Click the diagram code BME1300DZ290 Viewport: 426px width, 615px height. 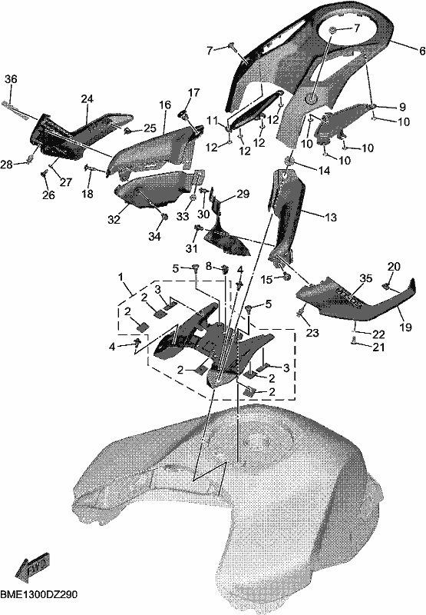tap(39, 595)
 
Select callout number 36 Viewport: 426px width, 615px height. tap(11, 79)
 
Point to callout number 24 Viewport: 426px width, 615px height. tap(87, 99)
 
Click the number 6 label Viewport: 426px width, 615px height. tap(421, 51)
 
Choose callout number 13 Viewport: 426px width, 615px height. tap(331, 217)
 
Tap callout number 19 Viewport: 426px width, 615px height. tap(405, 326)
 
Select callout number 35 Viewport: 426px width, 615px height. tap(366, 278)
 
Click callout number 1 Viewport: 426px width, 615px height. tap(121, 278)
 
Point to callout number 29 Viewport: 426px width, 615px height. tap(243, 194)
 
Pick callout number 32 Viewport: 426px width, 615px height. tap(114, 220)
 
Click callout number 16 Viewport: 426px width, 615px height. tap(165, 105)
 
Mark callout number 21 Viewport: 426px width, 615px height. tap(378, 347)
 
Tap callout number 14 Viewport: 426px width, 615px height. tap(324, 171)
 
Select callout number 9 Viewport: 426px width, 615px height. tap(402, 107)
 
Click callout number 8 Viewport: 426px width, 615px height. tap(209, 267)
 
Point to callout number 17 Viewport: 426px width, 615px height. tap(193, 92)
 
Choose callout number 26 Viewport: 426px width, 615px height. tap(48, 195)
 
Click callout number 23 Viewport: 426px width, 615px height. tap(312, 333)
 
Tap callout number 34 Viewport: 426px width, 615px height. tap(154, 237)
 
